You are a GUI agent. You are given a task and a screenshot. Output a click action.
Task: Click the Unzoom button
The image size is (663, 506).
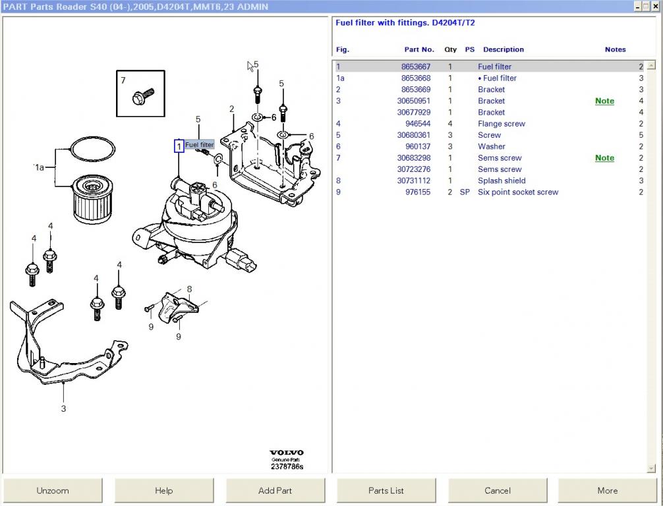coord(53,491)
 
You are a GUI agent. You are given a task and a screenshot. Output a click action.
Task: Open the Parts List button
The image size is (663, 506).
coord(386,491)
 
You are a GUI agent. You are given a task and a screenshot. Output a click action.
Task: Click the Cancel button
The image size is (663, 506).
coord(498,491)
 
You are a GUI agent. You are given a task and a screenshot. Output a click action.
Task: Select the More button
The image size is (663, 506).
coord(608,491)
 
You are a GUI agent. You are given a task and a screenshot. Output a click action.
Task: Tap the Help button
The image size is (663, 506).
coord(163,491)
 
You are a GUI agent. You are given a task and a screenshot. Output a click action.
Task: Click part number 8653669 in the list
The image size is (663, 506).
coord(416,90)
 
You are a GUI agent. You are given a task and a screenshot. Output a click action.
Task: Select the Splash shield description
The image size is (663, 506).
coord(502,181)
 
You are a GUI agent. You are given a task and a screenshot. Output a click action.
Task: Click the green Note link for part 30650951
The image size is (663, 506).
coord(604,101)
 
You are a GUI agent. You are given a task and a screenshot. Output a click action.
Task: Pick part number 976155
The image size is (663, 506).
coord(418,192)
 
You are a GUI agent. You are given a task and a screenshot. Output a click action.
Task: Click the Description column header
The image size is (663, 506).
coord(503,49)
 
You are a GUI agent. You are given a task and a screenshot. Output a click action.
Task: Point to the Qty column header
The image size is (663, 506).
coord(450,49)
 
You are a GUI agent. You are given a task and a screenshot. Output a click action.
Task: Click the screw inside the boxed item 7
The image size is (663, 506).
coord(143,97)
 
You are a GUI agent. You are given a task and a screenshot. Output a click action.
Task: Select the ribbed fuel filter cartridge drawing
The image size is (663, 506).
coord(93,199)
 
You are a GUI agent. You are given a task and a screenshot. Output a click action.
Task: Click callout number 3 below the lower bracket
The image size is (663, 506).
coord(63,408)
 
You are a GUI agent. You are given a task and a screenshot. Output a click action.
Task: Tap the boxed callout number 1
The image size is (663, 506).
coord(179,146)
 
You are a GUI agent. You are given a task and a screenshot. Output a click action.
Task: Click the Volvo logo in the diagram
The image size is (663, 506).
coord(286,453)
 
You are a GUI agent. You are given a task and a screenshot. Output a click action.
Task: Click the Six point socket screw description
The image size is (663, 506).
coord(518,192)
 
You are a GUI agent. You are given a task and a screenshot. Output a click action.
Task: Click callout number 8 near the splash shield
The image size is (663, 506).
coord(189,289)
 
